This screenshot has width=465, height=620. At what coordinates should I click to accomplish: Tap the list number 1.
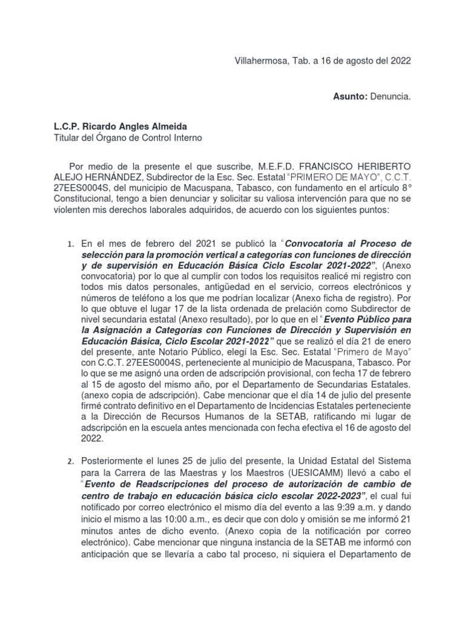70,244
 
